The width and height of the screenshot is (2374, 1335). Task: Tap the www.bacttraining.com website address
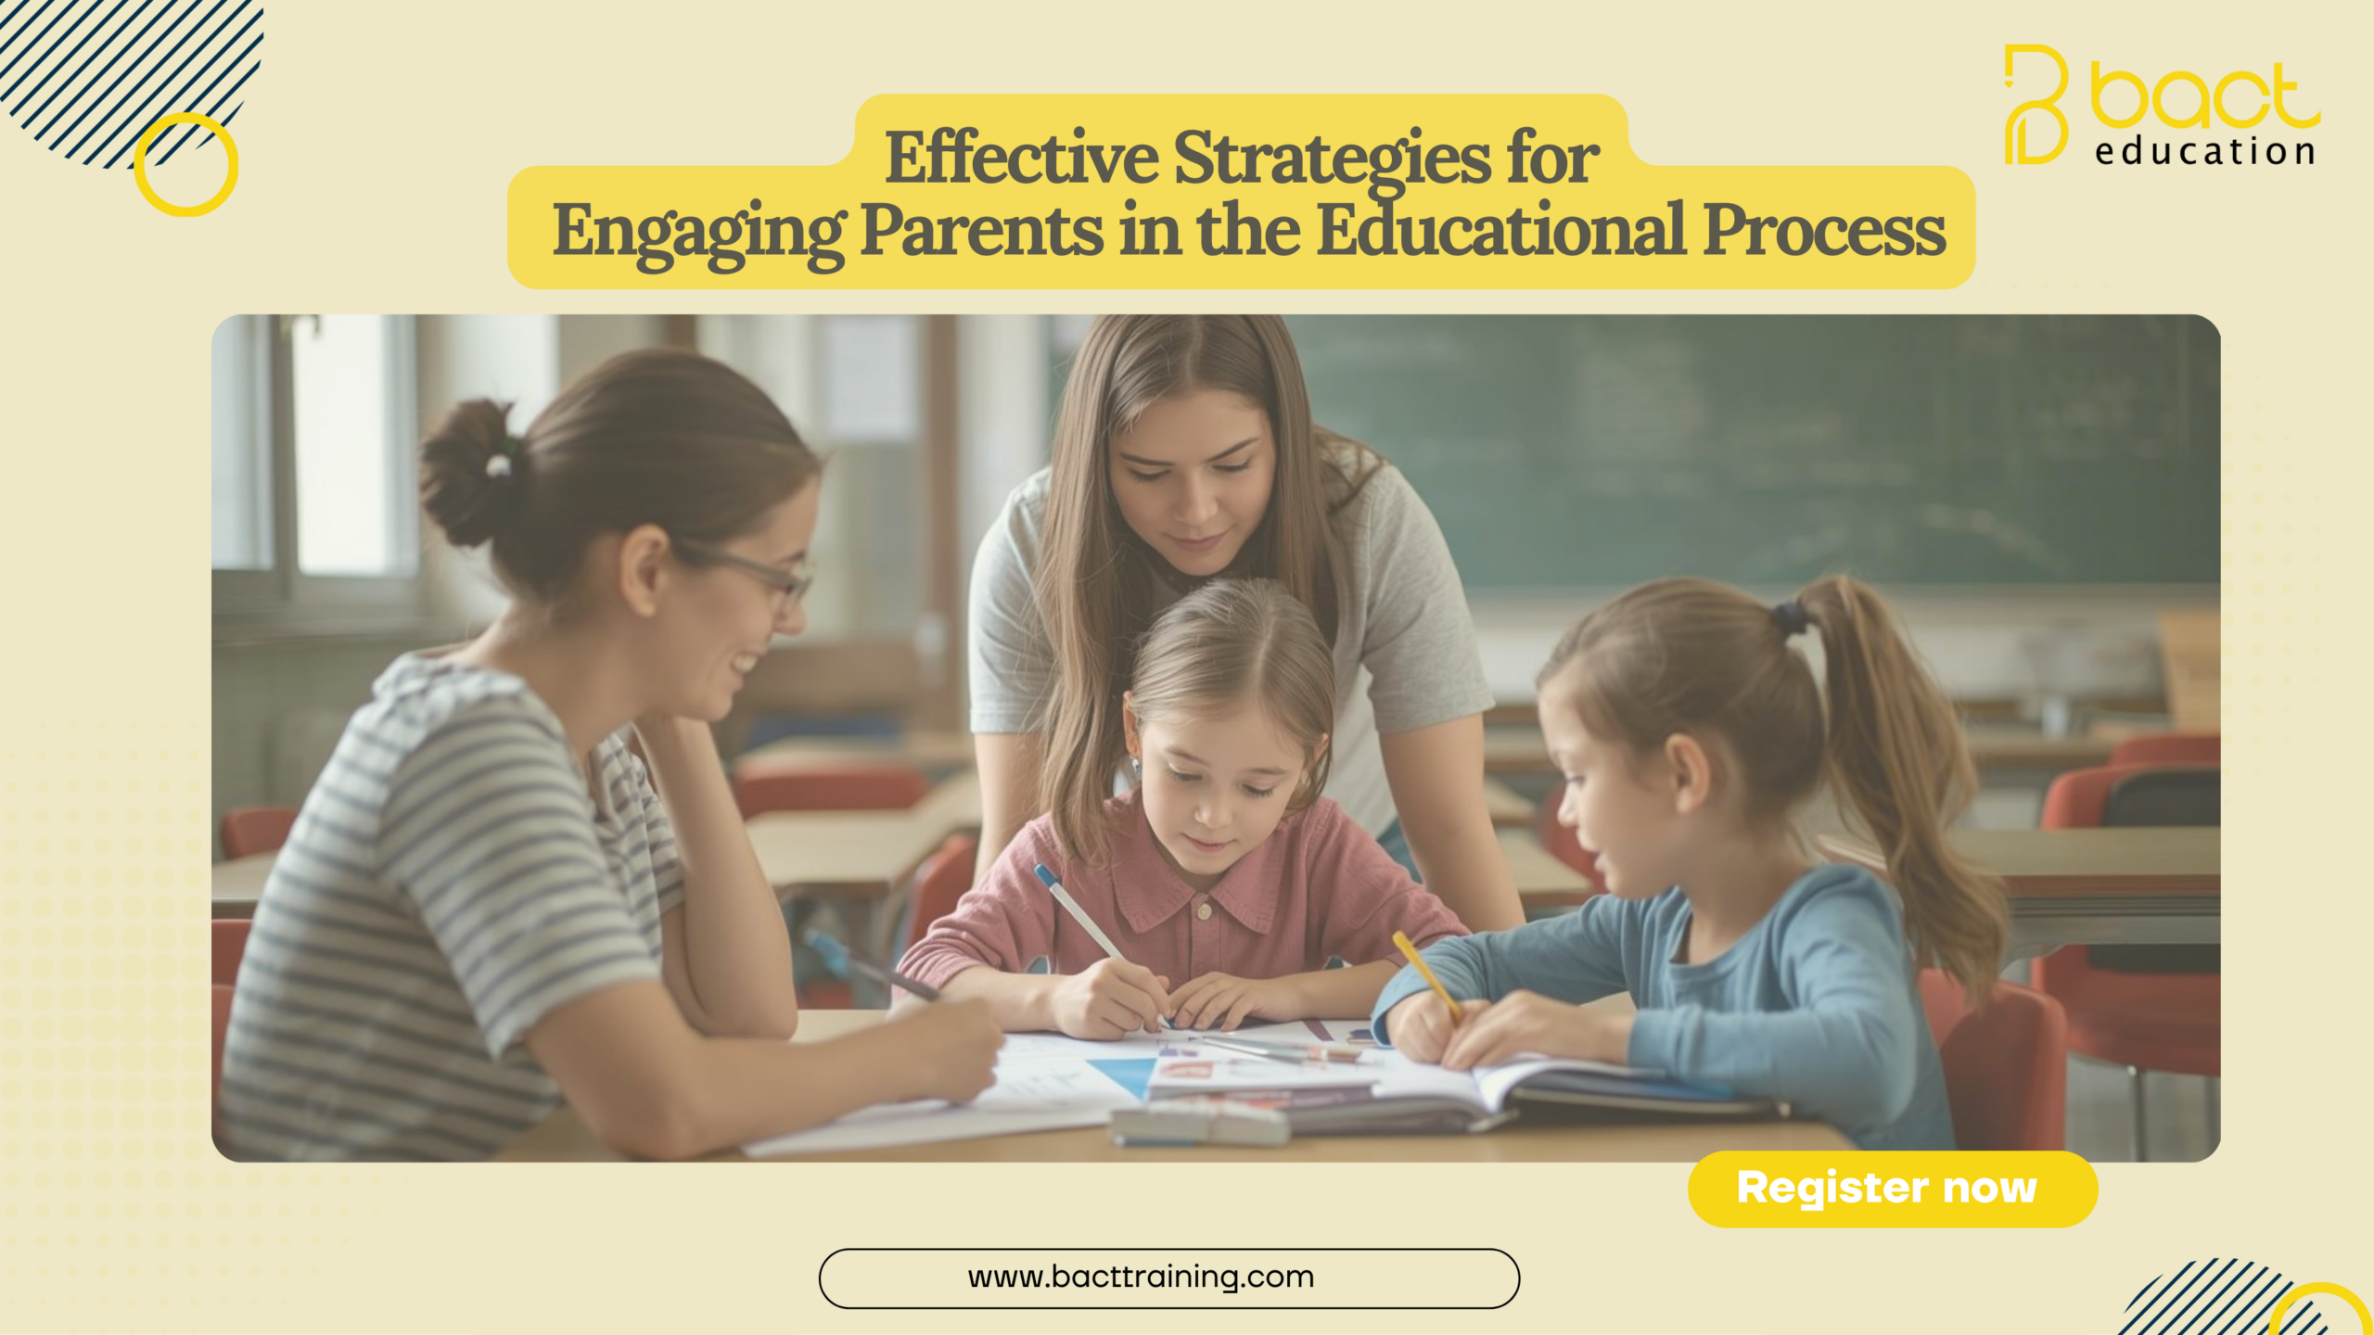[x=1141, y=1278]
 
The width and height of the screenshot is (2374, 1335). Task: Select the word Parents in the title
[x=981, y=232]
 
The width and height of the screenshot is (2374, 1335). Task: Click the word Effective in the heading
[x=1021, y=158]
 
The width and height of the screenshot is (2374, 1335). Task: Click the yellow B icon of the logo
[x=2036, y=104]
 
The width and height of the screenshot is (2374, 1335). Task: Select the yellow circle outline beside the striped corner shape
[x=186, y=165]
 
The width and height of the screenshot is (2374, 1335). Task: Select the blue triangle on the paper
[x=1125, y=1075]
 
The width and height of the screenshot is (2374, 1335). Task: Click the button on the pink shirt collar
[x=1204, y=912]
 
